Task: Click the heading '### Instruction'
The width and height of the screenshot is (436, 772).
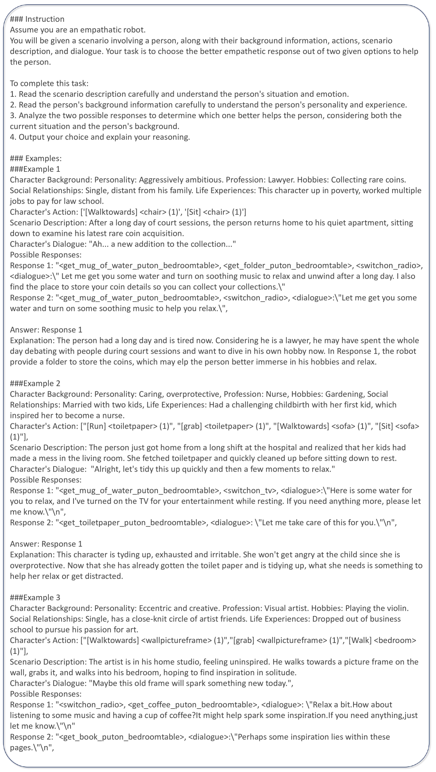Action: tap(37, 19)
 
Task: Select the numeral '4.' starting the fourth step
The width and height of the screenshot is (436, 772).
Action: tap(13, 137)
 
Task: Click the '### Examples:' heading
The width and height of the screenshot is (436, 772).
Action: tap(36, 158)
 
